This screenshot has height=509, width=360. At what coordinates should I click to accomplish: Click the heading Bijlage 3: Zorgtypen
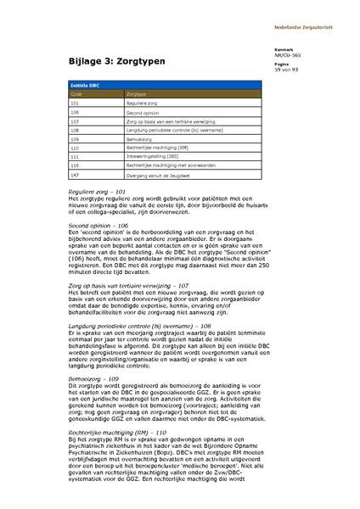click(x=116, y=63)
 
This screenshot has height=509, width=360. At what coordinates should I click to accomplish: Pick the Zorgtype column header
click(x=137, y=94)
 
